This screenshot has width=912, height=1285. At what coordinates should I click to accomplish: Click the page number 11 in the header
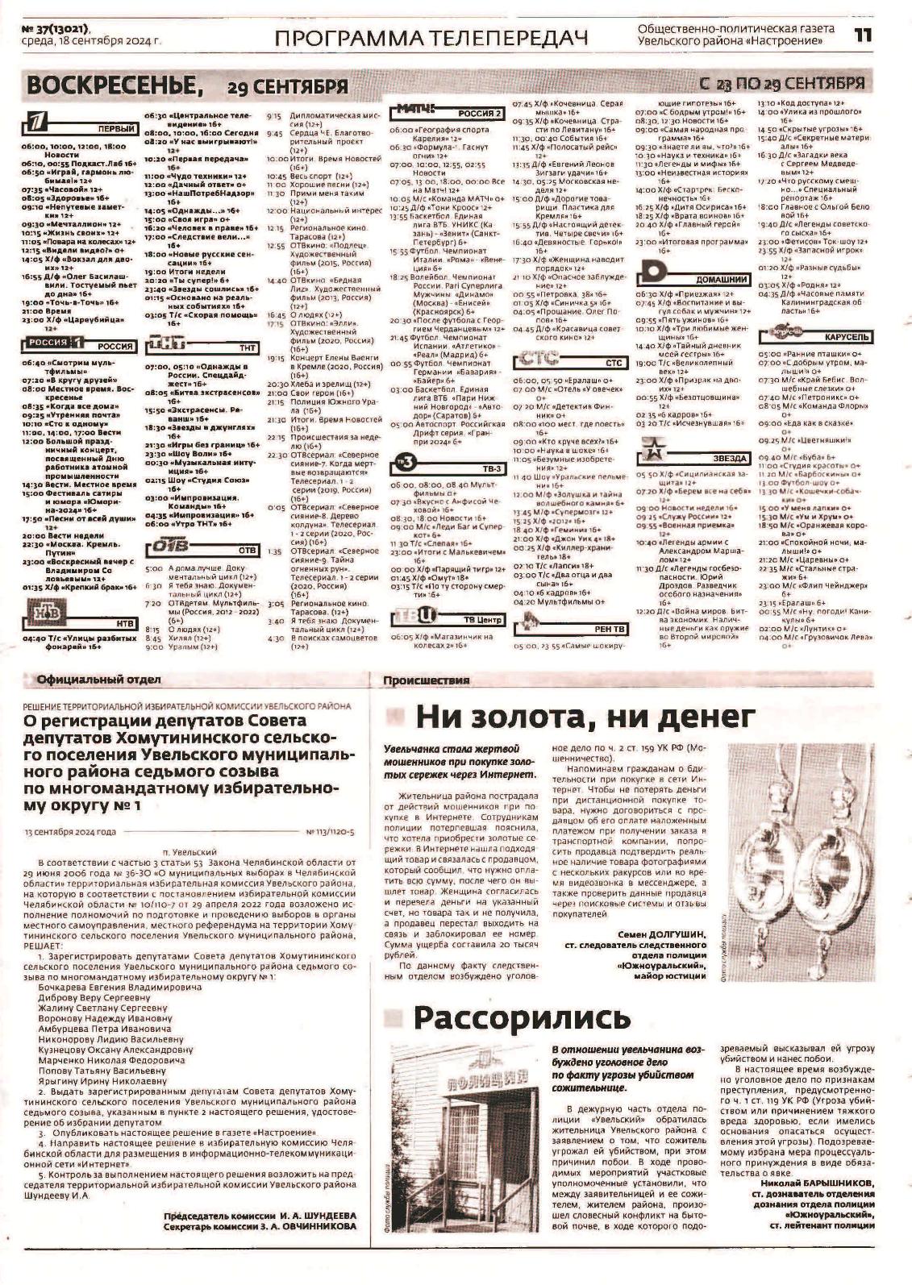tap(863, 35)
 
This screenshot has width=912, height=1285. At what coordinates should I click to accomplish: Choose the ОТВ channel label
tap(247, 550)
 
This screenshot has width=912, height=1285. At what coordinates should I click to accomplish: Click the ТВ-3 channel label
tap(491, 468)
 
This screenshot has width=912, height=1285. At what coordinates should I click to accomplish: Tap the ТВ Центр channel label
tap(483, 619)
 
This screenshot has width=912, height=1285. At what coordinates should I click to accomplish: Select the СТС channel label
tap(614, 363)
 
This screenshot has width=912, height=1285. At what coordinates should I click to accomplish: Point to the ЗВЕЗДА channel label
tap(729, 458)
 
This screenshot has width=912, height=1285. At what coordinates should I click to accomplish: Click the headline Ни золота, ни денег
tap(585, 717)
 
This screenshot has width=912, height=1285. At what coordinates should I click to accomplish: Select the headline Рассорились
tap(521, 1018)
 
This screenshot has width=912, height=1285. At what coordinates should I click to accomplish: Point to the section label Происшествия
tap(427, 680)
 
